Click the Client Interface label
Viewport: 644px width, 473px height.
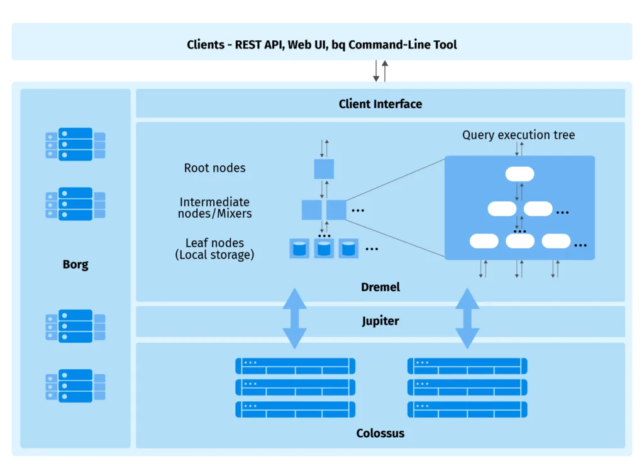(x=380, y=104)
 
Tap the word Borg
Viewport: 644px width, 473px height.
(x=75, y=264)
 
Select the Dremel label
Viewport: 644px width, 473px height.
(x=380, y=287)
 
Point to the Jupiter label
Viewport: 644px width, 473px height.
(x=380, y=321)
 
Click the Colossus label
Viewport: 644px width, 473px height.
(x=380, y=433)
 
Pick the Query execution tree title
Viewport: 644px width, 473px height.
(x=518, y=135)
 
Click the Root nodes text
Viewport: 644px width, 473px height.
(x=214, y=168)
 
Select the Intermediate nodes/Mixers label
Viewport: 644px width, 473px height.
(x=214, y=208)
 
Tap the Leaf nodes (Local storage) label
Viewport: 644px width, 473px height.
(x=214, y=248)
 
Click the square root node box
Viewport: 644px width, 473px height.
(x=324, y=169)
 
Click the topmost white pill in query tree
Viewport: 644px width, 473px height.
(x=519, y=174)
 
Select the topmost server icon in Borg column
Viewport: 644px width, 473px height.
(x=75, y=144)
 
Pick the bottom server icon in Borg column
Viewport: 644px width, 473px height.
(x=75, y=386)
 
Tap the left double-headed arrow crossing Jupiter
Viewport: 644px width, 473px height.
(x=294, y=318)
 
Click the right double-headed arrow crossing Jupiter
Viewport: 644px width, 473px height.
(x=467, y=318)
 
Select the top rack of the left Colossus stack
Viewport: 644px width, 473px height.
(x=295, y=365)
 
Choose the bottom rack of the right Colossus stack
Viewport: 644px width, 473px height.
(x=467, y=409)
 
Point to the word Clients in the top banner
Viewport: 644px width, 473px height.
(x=205, y=45)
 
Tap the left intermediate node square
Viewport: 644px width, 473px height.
(x=311, y=209)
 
